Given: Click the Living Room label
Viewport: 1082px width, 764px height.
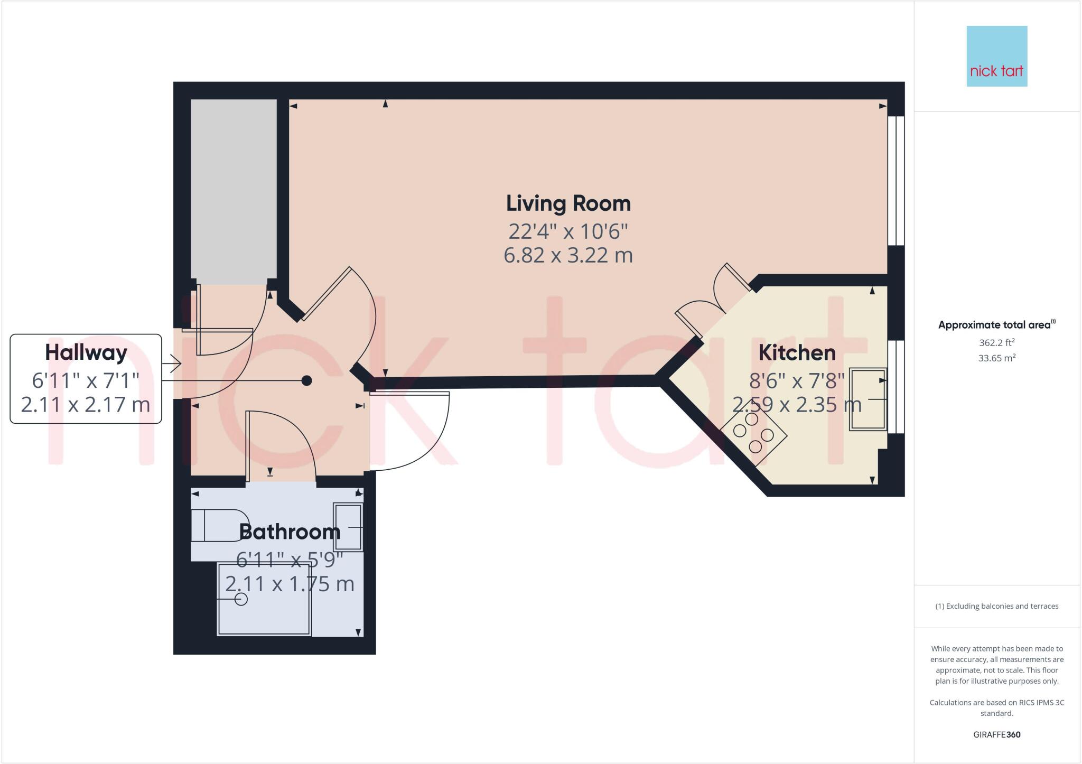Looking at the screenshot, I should point(568,203).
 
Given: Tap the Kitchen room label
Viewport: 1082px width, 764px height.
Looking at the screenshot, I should point(797,352).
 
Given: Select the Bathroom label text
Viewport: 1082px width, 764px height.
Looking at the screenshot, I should point(290,532).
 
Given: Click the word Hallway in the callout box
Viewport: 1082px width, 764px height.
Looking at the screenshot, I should point(86,352).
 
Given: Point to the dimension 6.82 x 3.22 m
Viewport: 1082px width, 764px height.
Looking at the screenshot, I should point(568,255).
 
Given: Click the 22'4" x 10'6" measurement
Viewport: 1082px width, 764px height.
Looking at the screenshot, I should point(568,231).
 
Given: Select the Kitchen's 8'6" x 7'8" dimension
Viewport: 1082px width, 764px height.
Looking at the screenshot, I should point(797,380).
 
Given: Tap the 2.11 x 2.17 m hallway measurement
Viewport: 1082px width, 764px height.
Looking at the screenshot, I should point(86,404).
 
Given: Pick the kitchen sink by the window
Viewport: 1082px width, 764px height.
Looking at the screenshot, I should point(867,399).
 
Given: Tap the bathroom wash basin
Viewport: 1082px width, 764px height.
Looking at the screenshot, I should point(348,527).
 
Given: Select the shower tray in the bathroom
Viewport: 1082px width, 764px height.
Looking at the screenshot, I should point(264,599).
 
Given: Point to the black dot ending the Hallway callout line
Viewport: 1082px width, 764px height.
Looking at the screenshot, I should point(306,380).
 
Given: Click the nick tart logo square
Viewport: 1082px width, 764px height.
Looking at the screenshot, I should point(996,56).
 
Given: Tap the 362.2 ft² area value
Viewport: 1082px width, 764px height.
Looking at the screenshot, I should point(996,342).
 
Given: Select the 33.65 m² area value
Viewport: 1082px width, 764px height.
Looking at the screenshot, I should point(996,358).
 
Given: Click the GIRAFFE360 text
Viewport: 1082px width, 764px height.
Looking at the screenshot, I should point(996,734).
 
